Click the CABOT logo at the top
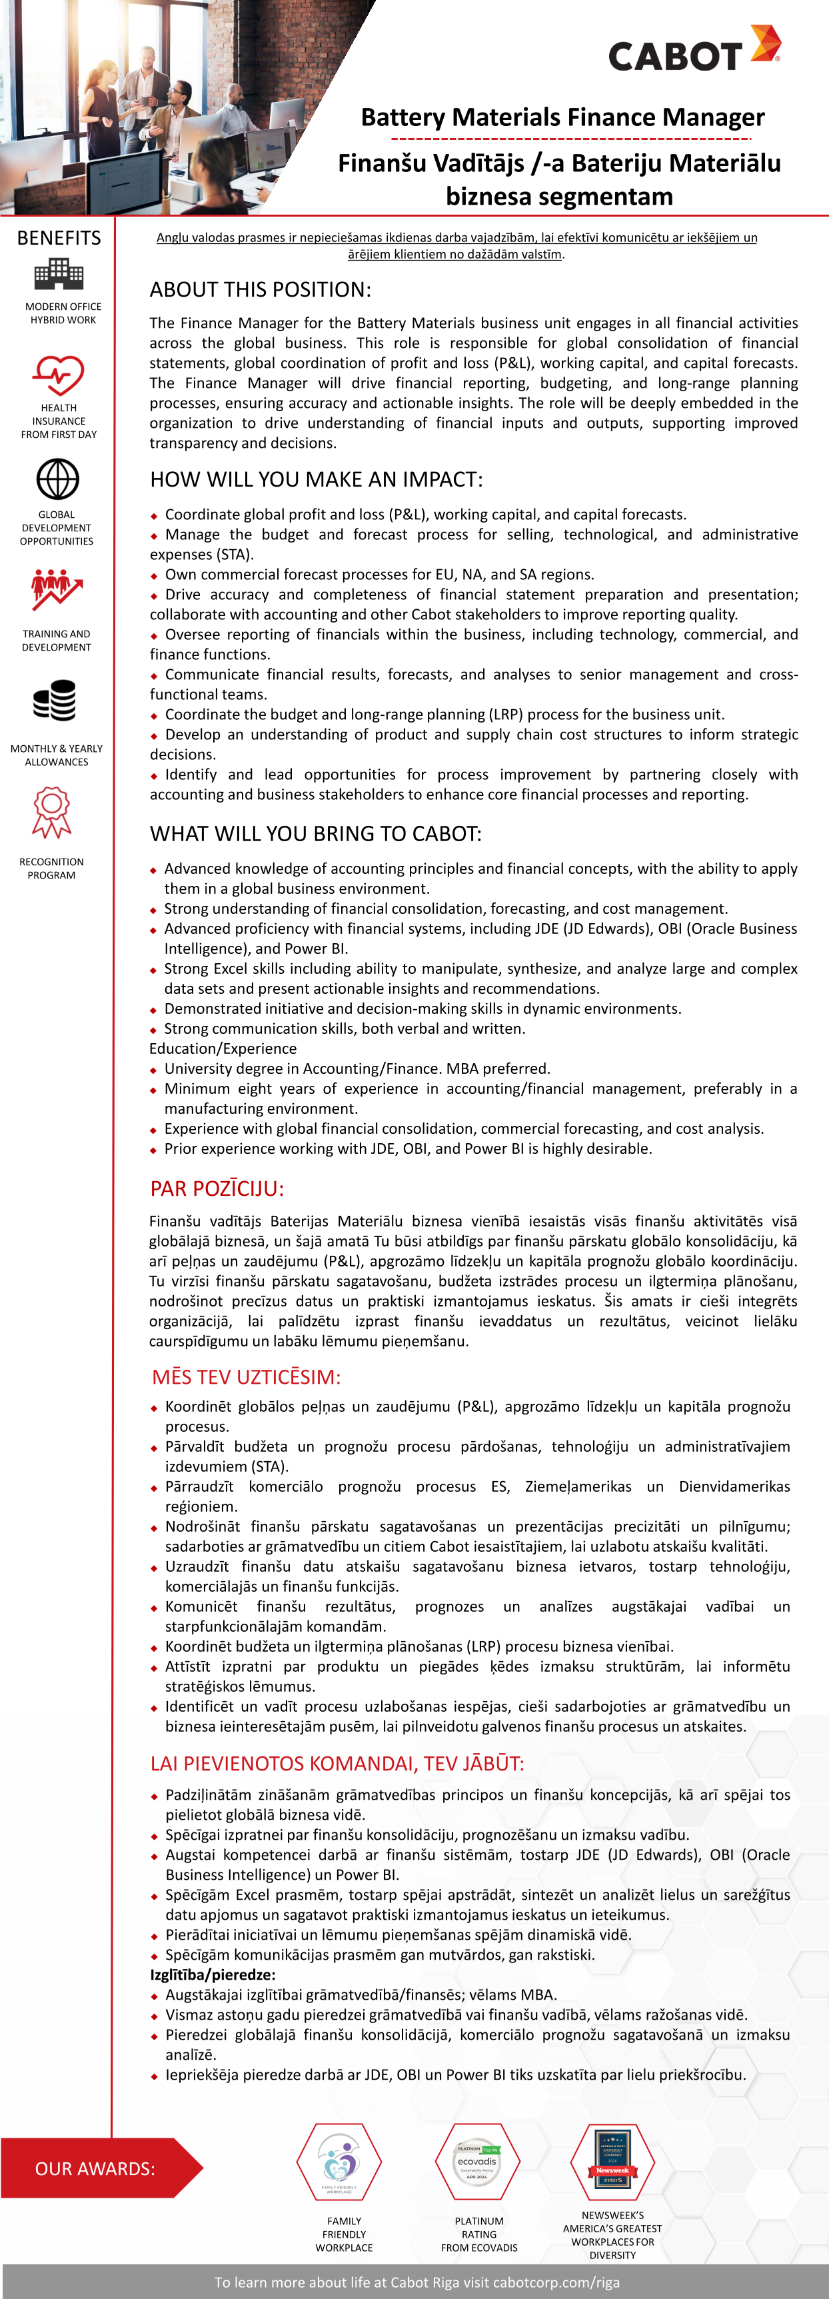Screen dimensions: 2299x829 click(x=693, y=50)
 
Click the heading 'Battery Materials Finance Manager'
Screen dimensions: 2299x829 click(x=562, y=117)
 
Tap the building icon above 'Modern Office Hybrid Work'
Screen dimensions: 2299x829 click(x=59, y=274)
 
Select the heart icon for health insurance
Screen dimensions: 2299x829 click(x=59, y=375)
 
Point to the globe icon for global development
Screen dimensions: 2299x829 click(x=58, y=479)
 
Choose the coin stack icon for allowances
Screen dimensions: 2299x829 click(x=55, y=701)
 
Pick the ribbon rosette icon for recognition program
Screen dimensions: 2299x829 click(x=52, y=812)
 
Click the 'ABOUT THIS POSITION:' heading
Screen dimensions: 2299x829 click(x=260, y=289)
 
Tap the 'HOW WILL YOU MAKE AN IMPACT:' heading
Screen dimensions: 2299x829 click(x=316, y=479)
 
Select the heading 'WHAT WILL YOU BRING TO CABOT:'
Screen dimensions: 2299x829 click(x=315, y=834)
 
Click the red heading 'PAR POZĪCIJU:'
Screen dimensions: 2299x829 click(x=217, y=1188)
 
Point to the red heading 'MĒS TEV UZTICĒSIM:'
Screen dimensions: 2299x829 click(x=247, y=1377)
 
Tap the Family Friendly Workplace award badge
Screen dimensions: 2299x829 click(x=339, y=2162)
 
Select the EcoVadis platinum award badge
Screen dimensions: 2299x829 click(x=477, y=2162)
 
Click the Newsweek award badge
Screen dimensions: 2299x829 click(x=612, y=2162)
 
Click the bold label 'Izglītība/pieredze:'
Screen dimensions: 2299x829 click(x=213, y=1975)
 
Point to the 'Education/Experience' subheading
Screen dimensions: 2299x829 click(x=223, y=1049)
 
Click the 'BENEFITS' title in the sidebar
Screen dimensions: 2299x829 click(x=59, y=238)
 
